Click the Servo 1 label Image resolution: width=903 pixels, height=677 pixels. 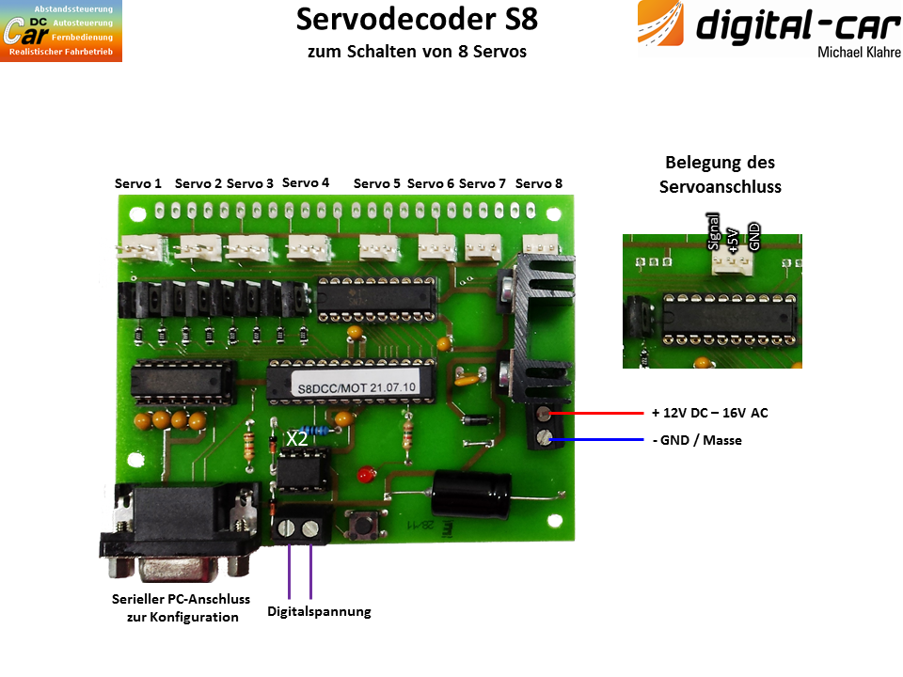click(137, 183)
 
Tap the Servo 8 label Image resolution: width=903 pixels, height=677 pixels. click(538, 183)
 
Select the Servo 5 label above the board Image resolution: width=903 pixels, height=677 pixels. click(376, 183)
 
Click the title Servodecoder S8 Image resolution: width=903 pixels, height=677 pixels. click(417, 19)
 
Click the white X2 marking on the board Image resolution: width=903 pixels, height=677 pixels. click(297, 439)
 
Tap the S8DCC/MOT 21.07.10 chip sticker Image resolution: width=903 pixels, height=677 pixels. click(357, 387)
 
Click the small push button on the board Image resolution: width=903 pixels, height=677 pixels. click(364, 524)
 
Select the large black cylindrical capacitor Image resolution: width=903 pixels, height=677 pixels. click(471, 493)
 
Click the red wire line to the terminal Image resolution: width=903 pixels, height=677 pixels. click(597, 413)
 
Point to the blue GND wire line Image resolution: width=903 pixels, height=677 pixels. click(597, 440)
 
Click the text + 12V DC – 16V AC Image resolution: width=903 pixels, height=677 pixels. click(709, 413)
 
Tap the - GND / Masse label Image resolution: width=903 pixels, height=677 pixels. click(697, 440)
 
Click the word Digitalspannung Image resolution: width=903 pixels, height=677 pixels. click(319, 611)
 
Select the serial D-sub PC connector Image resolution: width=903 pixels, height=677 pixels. click(180, 529)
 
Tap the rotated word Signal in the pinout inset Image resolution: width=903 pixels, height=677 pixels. click(713, 231)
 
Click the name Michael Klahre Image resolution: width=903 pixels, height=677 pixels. click(859, 53)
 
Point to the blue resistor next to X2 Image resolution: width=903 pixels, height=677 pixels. click(315, 430)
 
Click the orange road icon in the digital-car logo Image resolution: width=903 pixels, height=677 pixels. click(660, 24)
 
